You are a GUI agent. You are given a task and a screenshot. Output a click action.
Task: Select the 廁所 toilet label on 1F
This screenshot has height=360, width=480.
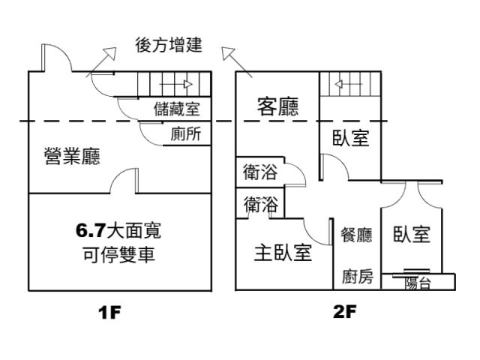pyautogui.click(x=185, y=134)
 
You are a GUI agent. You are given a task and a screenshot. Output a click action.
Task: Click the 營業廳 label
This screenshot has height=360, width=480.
pyautogui.click(x=73, y=157)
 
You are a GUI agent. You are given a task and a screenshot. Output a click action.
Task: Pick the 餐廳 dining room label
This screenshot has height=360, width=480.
pyautogui.click(x=356, y=235)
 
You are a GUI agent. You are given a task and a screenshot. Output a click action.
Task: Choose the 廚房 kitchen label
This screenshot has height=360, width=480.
pyautogui.click(x=356, y=277)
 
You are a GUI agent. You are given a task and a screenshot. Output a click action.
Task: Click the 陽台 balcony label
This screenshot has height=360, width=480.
pyautogui.click(x=418, y=283)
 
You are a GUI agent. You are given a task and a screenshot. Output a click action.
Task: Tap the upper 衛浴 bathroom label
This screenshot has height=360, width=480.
pyautogui.click(x=260, y=173)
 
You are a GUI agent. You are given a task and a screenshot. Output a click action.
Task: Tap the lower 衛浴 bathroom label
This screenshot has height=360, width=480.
pyautogui.click(x=260, y=205)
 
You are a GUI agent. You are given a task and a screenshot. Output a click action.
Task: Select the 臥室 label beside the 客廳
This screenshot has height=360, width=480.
pyautogui.click(x=351, y=138)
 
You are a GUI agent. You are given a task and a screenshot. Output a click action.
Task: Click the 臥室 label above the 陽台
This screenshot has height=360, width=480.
pyautogui.click(x=412, y=235)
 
